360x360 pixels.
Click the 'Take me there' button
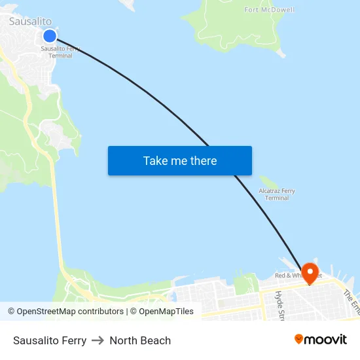click(179, 160)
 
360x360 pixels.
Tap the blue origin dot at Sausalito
click(50, 35)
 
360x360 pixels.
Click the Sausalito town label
click(30, 22)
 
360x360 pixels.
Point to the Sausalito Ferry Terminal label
click(61, 52)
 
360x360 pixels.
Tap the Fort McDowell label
click(269, 10)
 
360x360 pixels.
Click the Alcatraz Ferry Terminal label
click(277, 194)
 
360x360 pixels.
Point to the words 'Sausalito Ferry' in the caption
click(50, 340)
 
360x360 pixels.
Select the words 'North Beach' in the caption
click(140, 340)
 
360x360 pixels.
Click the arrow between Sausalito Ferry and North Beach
click(98, 340)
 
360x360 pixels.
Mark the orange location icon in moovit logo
click(298, 339)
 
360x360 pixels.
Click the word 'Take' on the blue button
click(155, 160)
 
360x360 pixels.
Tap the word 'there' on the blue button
click(203, 160)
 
